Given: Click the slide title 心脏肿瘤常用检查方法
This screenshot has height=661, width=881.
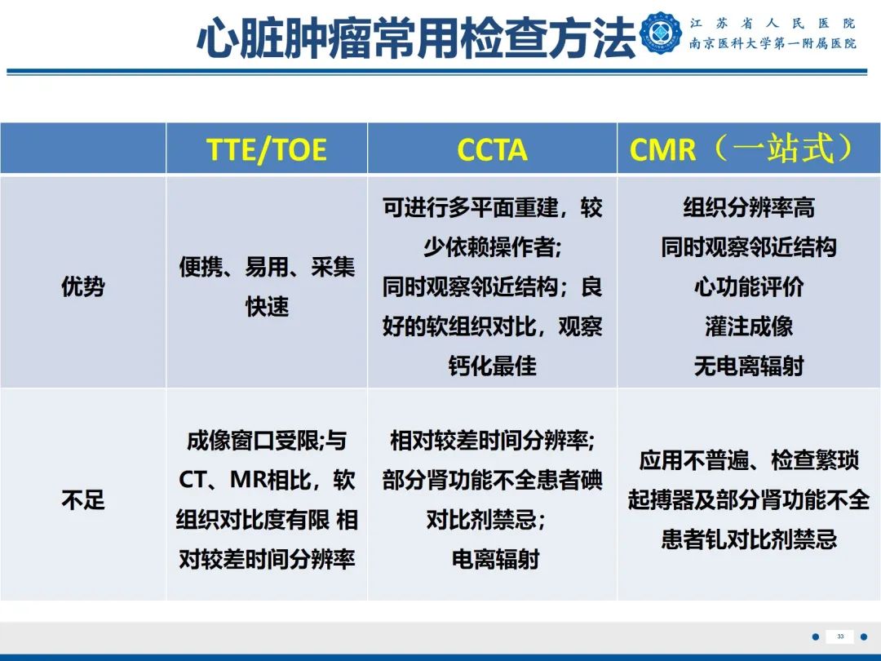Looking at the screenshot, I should (416, 38).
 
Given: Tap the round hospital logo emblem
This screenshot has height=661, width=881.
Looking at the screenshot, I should (662, 34).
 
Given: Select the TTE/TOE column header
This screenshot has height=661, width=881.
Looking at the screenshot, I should (267, 150).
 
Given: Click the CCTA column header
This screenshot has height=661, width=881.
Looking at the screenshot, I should (492, 150).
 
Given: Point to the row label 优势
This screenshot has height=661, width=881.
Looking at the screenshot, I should (83, 286).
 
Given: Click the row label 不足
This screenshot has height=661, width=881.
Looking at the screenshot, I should (83, 499).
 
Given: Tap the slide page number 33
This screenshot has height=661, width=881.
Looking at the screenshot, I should (840, 636).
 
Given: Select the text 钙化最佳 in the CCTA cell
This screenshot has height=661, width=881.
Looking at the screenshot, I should (492, 366).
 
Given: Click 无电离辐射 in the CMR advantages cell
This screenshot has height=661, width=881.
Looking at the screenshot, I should (748, 366).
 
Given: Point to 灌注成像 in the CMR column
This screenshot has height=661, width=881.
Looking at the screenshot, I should (748, 326).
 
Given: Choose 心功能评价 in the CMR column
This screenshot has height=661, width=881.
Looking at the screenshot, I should (748, 286).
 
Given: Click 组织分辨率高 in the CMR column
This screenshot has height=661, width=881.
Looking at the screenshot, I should (748, 208).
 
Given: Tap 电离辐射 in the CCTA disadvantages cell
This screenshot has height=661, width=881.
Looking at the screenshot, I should (495, 559).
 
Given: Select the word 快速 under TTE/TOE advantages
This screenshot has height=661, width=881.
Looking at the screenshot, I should (267, 306).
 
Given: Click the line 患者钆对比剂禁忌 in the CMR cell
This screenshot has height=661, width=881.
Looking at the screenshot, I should (748, 539).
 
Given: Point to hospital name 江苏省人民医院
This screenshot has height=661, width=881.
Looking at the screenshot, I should (772, 24).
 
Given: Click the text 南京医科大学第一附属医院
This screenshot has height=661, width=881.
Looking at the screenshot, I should (772, 44).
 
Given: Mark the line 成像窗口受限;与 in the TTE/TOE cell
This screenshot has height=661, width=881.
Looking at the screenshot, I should (267, 441).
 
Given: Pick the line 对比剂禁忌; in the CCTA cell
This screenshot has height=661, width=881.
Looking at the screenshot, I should (485, 519).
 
